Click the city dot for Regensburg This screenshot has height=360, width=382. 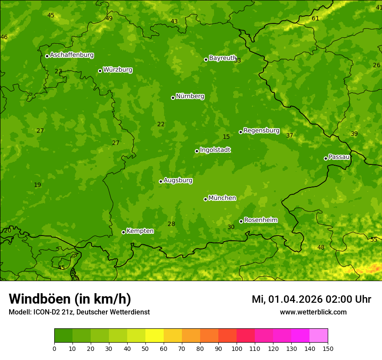240,132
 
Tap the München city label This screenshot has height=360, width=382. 222,198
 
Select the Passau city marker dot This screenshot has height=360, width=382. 326,158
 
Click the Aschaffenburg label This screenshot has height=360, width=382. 72,55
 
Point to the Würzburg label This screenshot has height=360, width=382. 118,70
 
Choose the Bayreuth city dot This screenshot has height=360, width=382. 206,59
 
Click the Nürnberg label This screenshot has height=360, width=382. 190,96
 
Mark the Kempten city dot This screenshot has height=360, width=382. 123,232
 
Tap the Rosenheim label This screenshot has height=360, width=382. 261,220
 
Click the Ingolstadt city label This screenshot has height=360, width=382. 215,150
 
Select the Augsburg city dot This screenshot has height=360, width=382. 161,181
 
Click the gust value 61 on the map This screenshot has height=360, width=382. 316,18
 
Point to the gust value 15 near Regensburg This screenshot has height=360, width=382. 226,137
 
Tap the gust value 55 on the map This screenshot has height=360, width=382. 374,239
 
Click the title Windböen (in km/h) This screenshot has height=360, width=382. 70,299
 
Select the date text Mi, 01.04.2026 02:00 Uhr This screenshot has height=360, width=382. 311,299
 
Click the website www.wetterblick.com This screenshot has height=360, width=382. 313,312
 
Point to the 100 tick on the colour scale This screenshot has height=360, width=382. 237,348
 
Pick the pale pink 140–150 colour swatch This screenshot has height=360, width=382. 319,336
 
